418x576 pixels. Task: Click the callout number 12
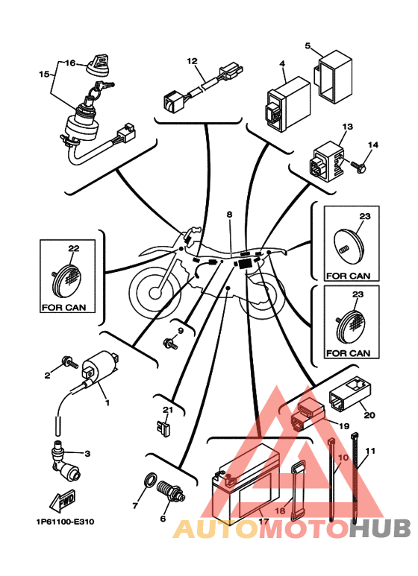click(x=192, y=61)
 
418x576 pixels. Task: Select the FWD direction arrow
click(x=63, y=500)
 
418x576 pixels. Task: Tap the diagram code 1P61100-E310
click(x=65, y=522)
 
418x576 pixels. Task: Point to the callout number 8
click(x=230, y=214)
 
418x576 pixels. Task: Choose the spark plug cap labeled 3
click(x=64, y=462)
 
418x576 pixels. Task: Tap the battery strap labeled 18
click(x=297, y=491)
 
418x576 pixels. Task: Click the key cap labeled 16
click(x=99, y=63)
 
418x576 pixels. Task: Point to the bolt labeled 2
click(x=70, y=362)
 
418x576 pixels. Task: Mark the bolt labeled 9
click(x=170, y=344)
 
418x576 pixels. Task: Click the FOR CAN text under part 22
click(x=64, y=307)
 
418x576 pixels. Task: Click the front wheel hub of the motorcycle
click(x=155, y=293)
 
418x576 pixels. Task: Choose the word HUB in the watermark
click(x=379, y=528)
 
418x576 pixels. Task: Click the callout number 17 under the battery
click(x=263, y=521)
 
